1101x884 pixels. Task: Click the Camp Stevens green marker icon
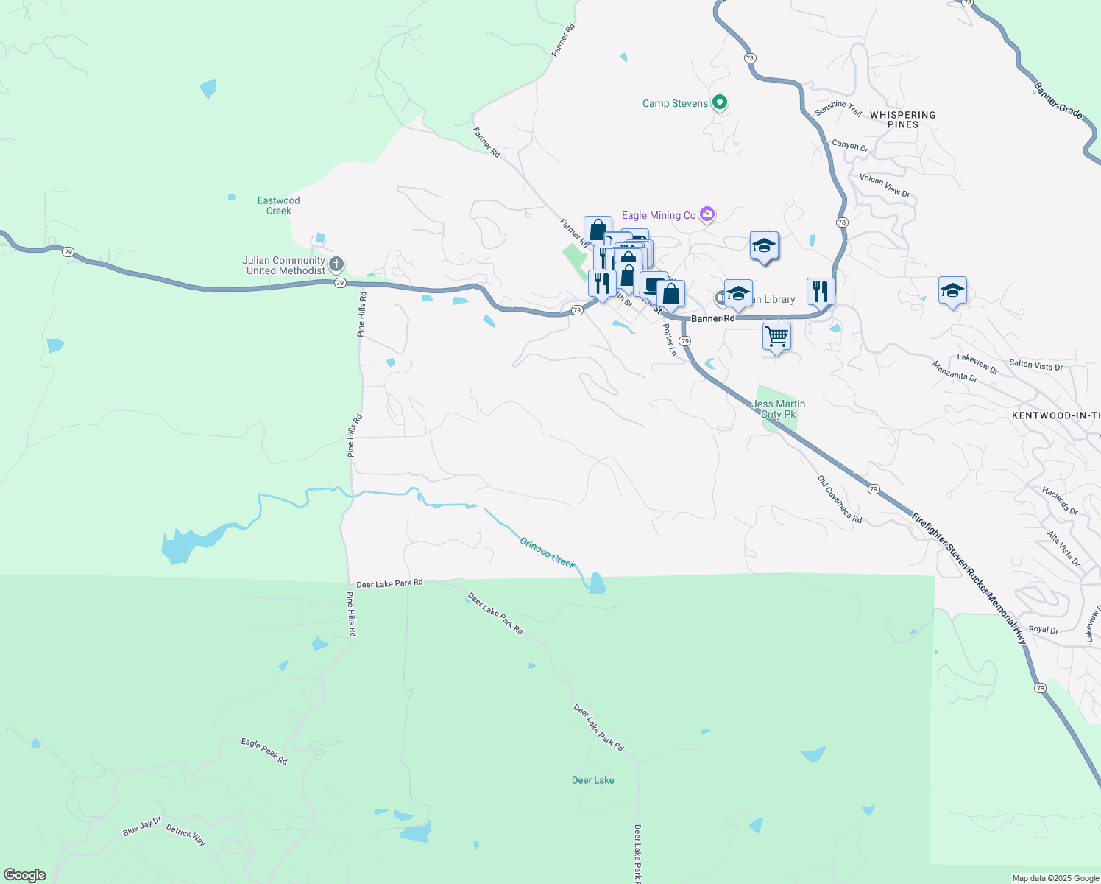[720, 102]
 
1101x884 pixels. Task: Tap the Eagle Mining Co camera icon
[707, 214]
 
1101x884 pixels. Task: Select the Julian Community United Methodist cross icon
[336, 264]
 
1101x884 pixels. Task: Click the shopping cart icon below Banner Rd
[776, 337]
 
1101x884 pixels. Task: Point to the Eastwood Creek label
[278, 206]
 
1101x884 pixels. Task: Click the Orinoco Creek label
[547, 552]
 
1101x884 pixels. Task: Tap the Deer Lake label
[592, 780]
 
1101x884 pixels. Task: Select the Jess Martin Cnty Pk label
[778, 409]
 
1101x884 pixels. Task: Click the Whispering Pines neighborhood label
[902, 119]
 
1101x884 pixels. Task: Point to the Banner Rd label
[712, 318]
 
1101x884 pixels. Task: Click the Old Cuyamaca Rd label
[839, 499]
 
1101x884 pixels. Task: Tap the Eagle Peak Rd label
[264, 751]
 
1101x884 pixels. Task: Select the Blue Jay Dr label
[142, 827]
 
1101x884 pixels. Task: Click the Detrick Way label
[185, 835]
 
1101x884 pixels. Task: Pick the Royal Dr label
[1043, 630]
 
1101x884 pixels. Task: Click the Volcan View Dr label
[885, 186]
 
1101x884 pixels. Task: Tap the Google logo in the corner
[25, 875]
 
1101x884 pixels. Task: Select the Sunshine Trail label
[838, 109]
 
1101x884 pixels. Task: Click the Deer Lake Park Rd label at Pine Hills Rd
[389, 583]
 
